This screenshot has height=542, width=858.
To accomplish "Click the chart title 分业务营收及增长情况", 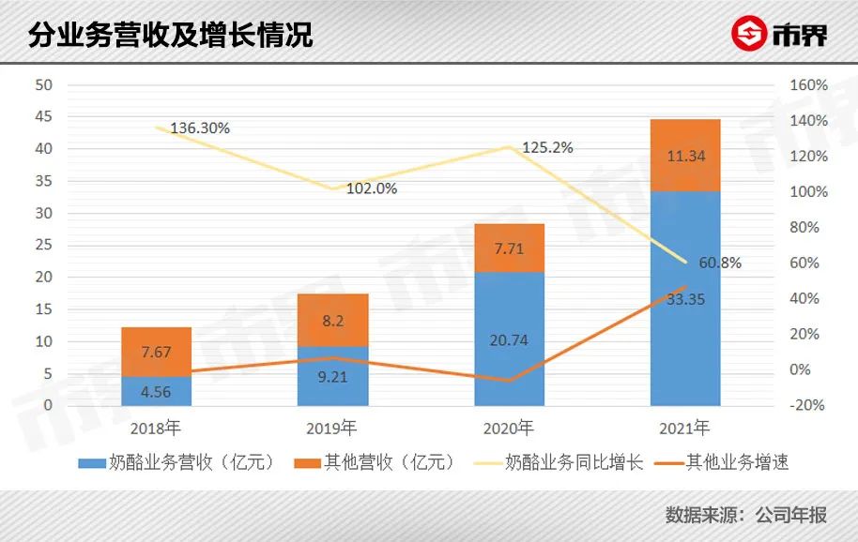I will pyautogui.click(x=170, y=36).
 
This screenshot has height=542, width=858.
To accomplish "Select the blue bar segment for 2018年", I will pyautogui.click(x=157, y=391).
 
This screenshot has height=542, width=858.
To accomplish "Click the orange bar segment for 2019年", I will pyautogui.click(x=332, y=320).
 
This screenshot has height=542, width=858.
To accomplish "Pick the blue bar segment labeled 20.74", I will pyautogui.click(x=509, y=339).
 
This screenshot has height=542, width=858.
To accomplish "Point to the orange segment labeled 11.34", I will pyautogui.click(x=684, y=156).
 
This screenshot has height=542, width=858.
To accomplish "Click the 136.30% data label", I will pyautogui.click(x=200, y=128).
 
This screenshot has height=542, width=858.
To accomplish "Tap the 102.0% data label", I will pyautogui.click(x=372, y=188).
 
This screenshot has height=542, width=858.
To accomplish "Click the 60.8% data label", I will pyautogui.click(x=718, y=263).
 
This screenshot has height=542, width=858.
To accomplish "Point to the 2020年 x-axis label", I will pyautogui.click(x=509, y=429).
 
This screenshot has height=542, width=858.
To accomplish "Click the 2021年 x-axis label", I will pyautogui.click(x=684, y=429).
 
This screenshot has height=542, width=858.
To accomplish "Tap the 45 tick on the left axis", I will pyautogui.click(x=44, y=117).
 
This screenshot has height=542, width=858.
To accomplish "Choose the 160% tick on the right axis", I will pyautogui.click(x=809, y=85).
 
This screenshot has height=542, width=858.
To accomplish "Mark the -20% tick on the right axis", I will pyautogui.click(x=806, y=405).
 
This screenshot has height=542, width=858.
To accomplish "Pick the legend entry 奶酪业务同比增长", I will pyautogui.click(x=560, y=462).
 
